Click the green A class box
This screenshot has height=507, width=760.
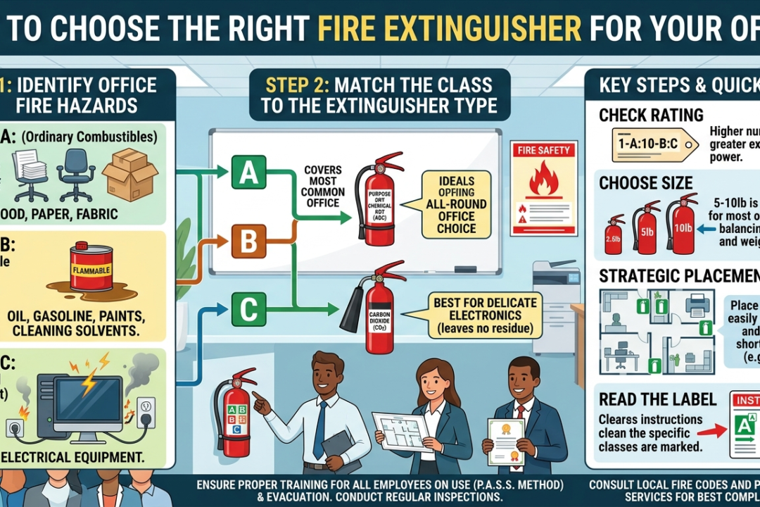(248, 172)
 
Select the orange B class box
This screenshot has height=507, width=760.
(248, 242)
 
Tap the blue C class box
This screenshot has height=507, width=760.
(248, 308)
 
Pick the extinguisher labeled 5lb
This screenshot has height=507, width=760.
(646, 228)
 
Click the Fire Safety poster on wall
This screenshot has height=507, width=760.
(544, 186)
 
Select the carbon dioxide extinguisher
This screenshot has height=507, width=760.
(376, 307)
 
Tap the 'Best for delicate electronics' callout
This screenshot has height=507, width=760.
(476, 314)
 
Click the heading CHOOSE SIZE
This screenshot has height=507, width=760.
(645, 183)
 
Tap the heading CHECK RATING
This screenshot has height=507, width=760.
(651, 115)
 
